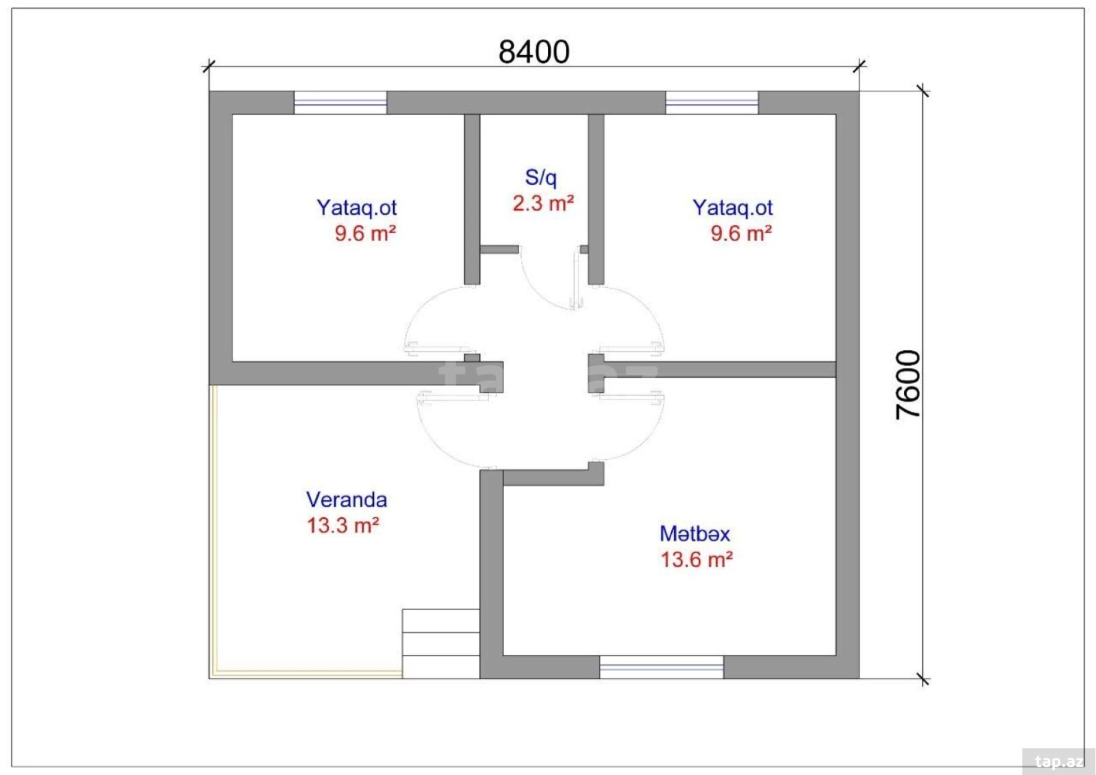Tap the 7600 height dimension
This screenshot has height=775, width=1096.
click(x=907, y=384)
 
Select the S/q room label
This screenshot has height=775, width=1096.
click(x=540, y=177)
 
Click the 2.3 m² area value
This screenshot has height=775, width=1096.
click(x=543, y=203)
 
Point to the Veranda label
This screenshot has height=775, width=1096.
click(x=346, y=500)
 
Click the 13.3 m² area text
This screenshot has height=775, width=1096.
click(x=342, y=526)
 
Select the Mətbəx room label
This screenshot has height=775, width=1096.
click(x=694, y=534)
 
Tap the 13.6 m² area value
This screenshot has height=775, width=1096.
click(x=696, y=560)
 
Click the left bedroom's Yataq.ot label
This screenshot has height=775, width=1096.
click(x=356, y=207)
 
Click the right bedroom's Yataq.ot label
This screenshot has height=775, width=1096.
click(x=732, y=207)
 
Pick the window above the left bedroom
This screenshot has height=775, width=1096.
click(x=340, y=103)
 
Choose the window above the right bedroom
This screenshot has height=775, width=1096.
click(x=711, y=103)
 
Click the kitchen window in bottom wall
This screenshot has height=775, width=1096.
click(x=661, y=667)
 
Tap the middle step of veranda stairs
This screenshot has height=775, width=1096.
click(x=440, y=644)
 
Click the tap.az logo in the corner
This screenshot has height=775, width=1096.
click(x=1058, y=761)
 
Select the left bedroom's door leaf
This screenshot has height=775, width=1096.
click(x=438, y=348)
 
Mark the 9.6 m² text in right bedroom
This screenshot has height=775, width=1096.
click(x=741, y=233)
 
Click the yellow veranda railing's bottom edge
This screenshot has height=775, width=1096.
click(x=308, y=673)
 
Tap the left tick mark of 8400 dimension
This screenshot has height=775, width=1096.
click(x=208, y=66)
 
